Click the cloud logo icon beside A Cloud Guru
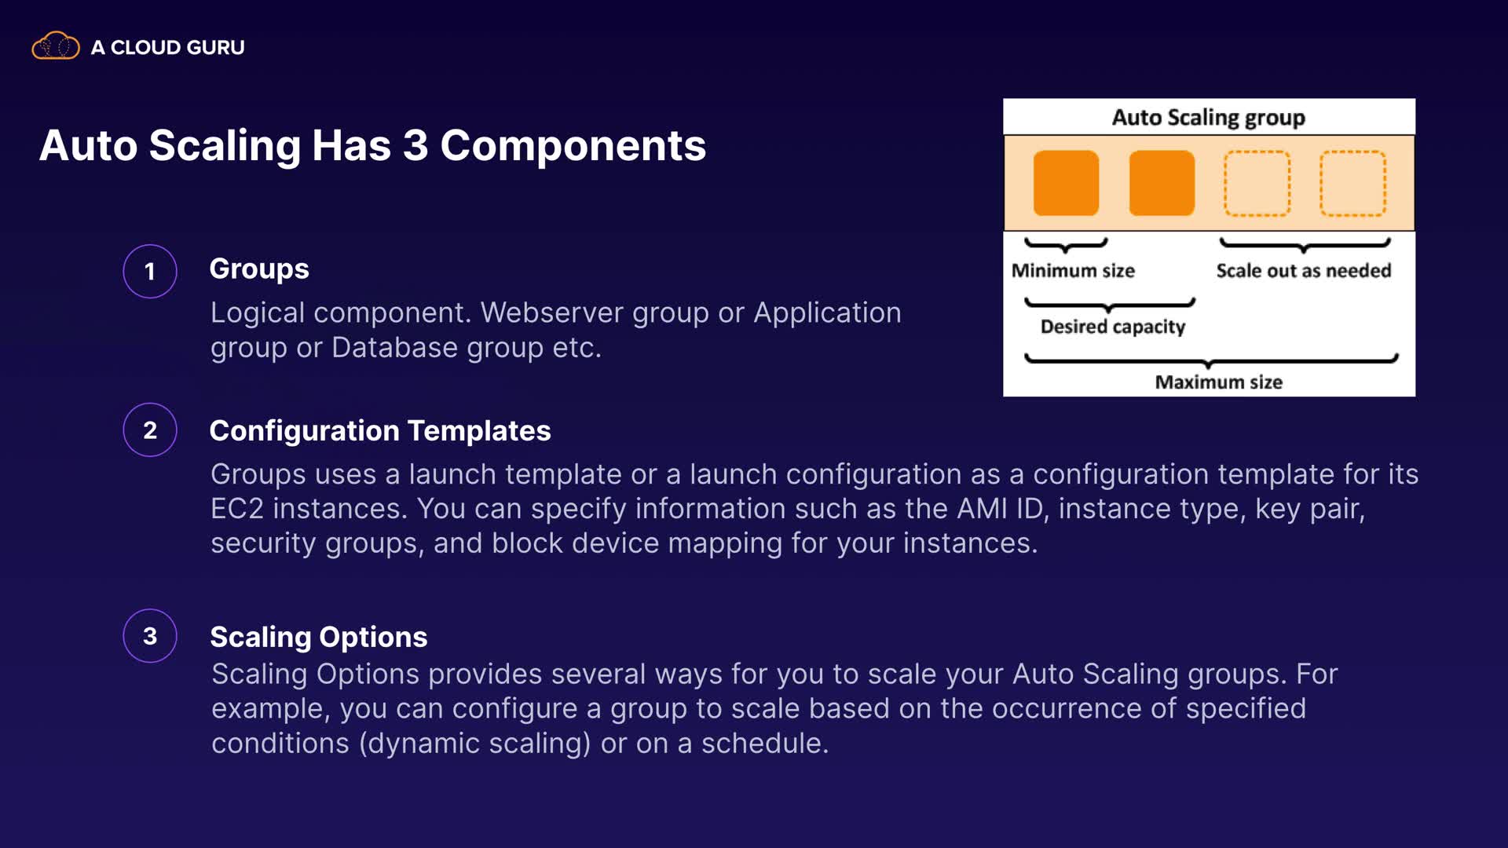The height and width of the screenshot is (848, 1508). click(x=55, y=46)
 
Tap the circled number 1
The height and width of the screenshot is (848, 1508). click(x=150, y=272)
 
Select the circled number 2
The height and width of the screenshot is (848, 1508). click(x=150, y=430)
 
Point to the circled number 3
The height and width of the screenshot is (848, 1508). click(x=150, y=636)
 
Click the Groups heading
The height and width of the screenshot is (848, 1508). click(x=259, y=269)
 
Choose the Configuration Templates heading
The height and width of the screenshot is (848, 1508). click(x=380, y=431)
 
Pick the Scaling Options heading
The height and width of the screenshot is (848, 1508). click(x=319, y=638)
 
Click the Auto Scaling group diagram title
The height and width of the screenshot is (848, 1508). click(x=1209, y=118)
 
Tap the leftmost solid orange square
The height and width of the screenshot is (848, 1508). click(x=1066, y=183)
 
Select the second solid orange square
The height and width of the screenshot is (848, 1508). click(x=1162, y=183)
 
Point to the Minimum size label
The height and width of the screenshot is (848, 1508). click(x=1073, y=271)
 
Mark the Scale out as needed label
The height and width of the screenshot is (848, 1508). click(x=1304, y=271)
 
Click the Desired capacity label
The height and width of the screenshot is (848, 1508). click(x=1113, y=327)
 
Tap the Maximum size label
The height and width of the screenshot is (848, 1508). click(x=1218, y=382)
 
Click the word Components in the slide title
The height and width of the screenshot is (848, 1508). click(x=573, y=146)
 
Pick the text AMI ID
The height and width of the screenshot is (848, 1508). click(x=999, y=509)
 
